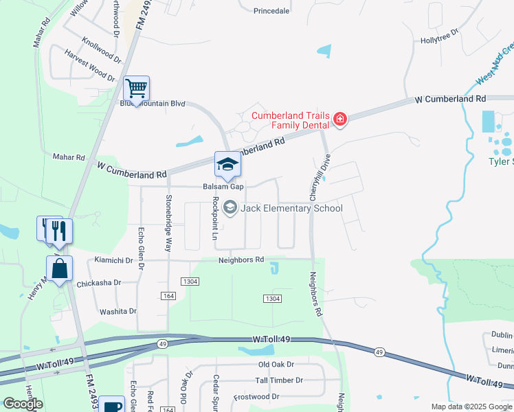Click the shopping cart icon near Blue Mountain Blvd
pos(136,89)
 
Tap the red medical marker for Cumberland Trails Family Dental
pos(339,120)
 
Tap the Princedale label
pos(271,11)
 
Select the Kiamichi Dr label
pos(114,260)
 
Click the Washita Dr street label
pos(118,311)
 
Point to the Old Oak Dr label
pos(276,365)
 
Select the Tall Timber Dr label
pos(279,380)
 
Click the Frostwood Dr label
pos(256,397)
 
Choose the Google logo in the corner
pos(23,404)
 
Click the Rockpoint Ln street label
pos(216,214)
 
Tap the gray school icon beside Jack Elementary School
pos(230,207)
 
